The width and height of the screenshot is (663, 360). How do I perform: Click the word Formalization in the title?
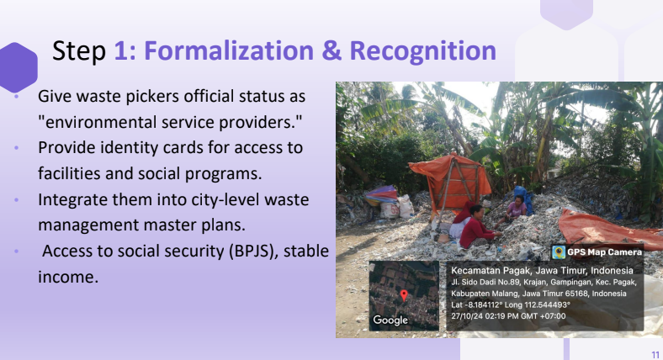229,50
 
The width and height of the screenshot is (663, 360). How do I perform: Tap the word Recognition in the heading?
423,51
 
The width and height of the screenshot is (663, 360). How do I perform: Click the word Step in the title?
79,51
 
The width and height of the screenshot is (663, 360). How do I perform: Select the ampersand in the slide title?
331,50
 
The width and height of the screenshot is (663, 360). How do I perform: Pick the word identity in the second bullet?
129,148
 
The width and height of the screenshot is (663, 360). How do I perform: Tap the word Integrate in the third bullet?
72,200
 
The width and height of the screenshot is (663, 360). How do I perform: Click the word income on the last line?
68,278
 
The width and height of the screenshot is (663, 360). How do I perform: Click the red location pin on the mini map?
404,295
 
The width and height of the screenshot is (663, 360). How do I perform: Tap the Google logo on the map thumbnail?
390,320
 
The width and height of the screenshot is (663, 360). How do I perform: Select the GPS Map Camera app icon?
559,252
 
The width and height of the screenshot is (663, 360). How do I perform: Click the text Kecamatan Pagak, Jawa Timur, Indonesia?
542,271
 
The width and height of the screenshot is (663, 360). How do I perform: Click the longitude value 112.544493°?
548,304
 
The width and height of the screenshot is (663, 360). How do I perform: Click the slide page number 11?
655,354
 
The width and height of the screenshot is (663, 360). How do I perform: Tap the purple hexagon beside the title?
18,67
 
